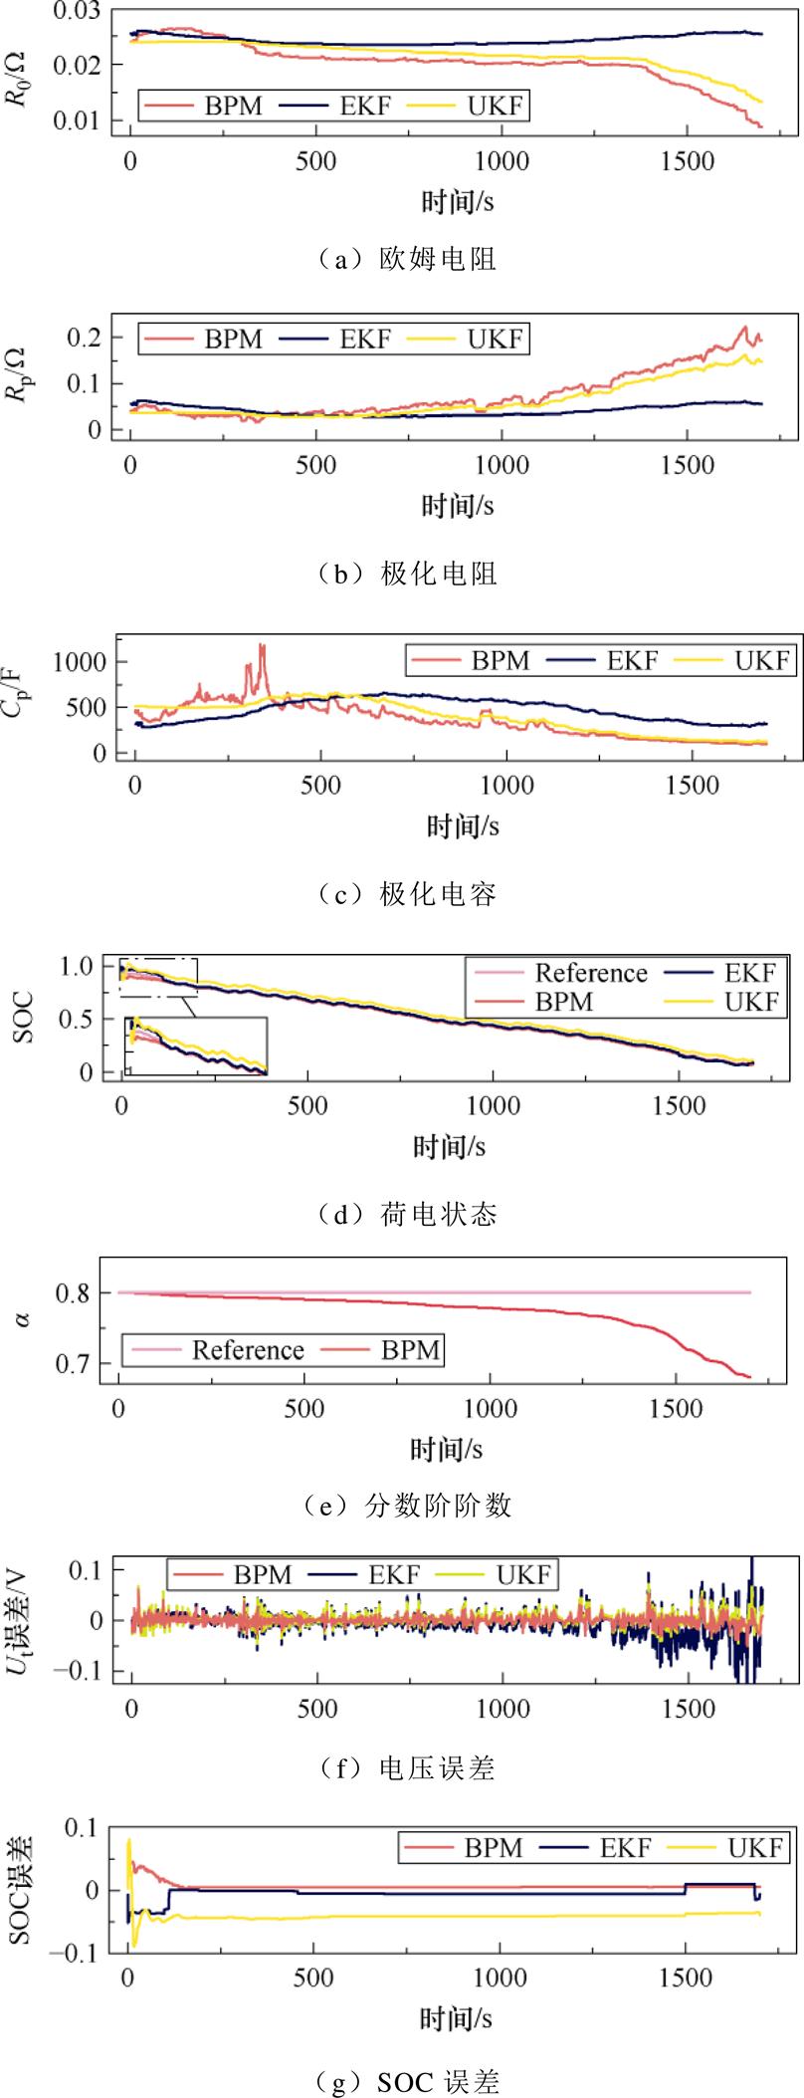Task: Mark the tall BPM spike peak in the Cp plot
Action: pos(262,645)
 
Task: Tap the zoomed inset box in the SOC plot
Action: pos(196,1046)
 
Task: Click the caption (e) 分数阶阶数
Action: pos(407,1505)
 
